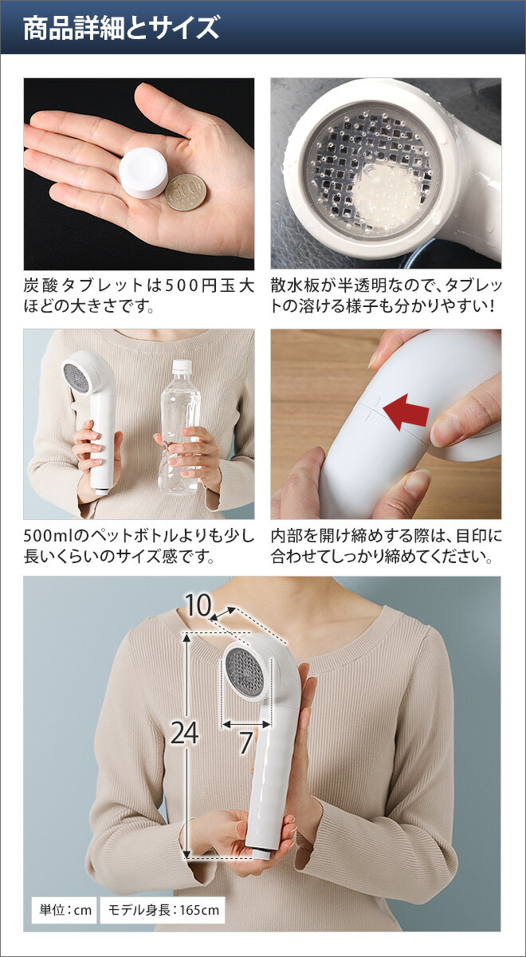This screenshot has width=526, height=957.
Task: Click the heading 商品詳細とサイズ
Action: click(x=121, y=29)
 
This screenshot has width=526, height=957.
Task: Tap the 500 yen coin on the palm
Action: click(x=186, y=193)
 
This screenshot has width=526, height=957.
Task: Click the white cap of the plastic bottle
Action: click(x=183, y=368)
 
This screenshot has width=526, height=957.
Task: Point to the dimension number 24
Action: click(x=184, y=733)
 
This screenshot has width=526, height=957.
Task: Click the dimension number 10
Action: click(x=199, y=606)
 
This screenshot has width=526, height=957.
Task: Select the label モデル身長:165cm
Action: click(x=162, y=909)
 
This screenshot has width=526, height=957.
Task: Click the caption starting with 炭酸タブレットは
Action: click(x=139, y=295)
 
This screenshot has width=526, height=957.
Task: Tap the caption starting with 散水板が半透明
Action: click(x=386, y=295)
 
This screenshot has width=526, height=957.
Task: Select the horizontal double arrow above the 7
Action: click(x=247, y=724)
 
